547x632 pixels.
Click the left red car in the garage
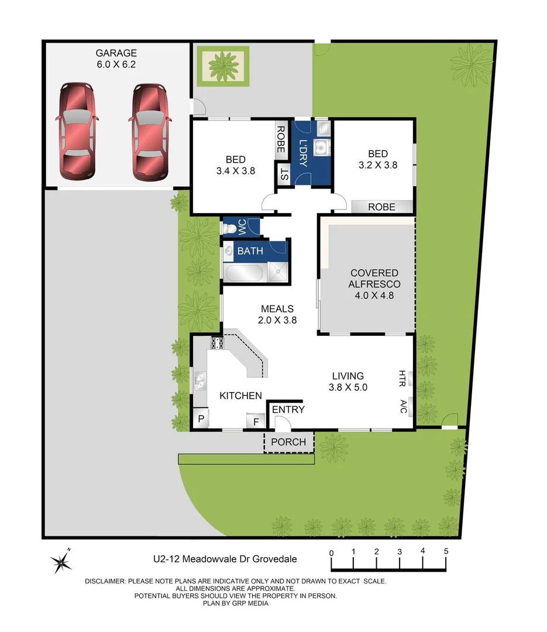click(x=77, y=132)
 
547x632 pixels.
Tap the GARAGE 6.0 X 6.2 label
click(x=117, y=58)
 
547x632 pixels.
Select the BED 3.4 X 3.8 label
click(x=236, y=165)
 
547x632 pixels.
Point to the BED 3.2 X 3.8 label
click(x=377, y=159)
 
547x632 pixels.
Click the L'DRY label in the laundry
click(x=303, y=153)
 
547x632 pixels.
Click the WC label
click(x=241, y=226)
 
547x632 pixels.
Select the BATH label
click(x=250, y=251)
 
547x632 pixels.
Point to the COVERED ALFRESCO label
click(x=374, y=284)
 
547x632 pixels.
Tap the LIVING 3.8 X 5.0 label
click(x=348, y=381)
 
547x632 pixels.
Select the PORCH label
click(x=289, y=442)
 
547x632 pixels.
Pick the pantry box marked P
click(x=200, y=419)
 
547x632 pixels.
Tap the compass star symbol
click(x=61, y=562)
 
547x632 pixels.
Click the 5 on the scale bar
click(x=446, y=552)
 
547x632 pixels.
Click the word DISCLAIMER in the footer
click(x=105, y=581)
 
